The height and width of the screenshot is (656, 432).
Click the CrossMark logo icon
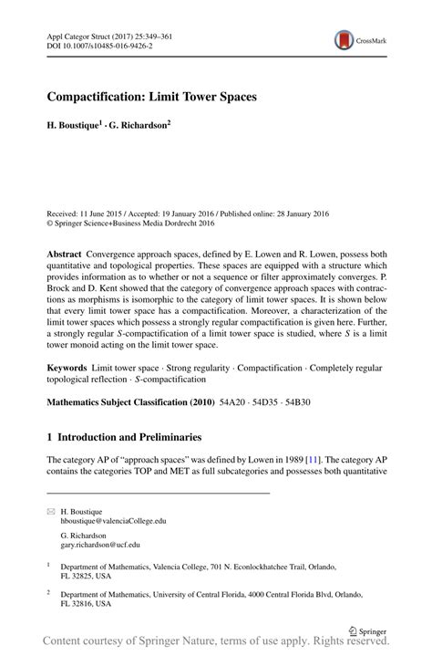pos(345,39)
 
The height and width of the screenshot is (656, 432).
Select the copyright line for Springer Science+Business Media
pos(130,221)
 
